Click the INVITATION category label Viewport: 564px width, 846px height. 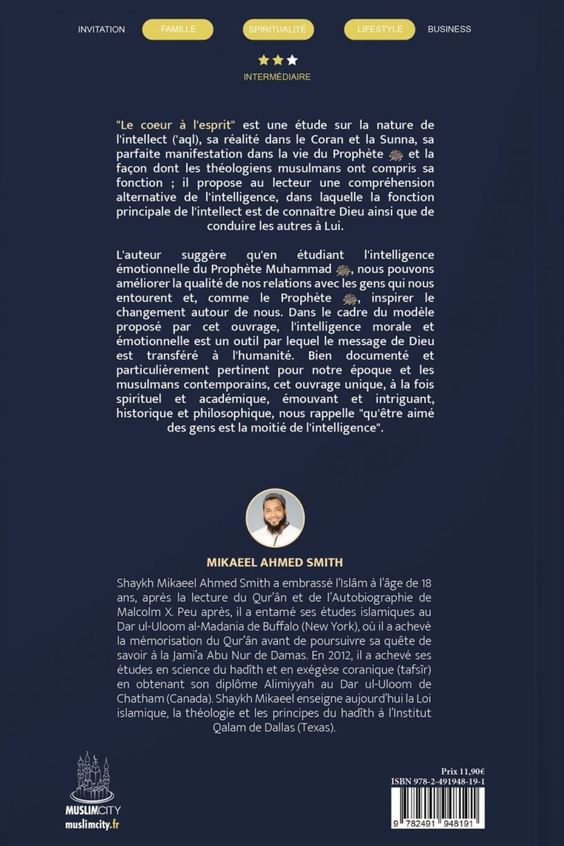pos(101,30)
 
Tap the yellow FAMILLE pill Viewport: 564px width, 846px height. pos(178,30)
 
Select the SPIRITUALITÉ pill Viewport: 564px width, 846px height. pos(277,30)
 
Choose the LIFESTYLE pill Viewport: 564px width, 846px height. pos(379,30)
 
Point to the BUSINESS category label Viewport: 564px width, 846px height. pos(449,29)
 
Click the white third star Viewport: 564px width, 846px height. pos(292,60)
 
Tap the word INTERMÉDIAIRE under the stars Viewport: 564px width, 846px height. pos(277,77)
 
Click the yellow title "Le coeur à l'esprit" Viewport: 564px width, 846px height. pos(176,126)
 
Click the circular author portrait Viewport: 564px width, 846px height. pos(275,518)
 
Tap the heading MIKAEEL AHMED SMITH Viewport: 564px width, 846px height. pos(275,562)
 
